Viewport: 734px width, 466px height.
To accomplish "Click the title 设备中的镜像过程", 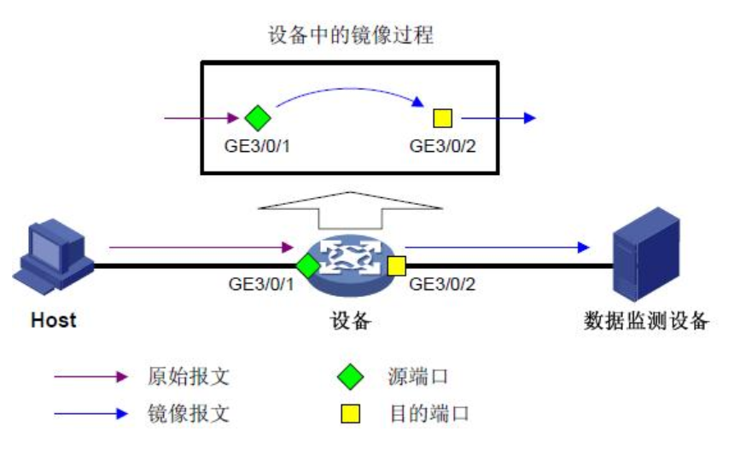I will (352, 36).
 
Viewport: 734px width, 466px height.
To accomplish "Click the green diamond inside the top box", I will (257, 118).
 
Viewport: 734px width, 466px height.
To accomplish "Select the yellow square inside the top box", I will (442, 118).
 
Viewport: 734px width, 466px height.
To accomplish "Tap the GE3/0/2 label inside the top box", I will (442, 145).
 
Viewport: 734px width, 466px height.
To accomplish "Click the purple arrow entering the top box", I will (201, 118).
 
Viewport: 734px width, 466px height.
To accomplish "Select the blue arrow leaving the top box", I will (498, 118).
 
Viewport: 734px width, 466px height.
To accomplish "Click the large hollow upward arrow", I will (350, 207).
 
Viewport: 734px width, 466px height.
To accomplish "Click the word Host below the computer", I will (53, 321).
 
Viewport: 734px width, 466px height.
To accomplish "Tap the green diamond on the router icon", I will (307, 265).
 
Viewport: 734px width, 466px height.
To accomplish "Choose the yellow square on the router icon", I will (396, 265).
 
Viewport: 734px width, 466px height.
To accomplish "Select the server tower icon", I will (646, 255).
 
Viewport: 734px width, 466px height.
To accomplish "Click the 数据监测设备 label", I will (646, 322).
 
